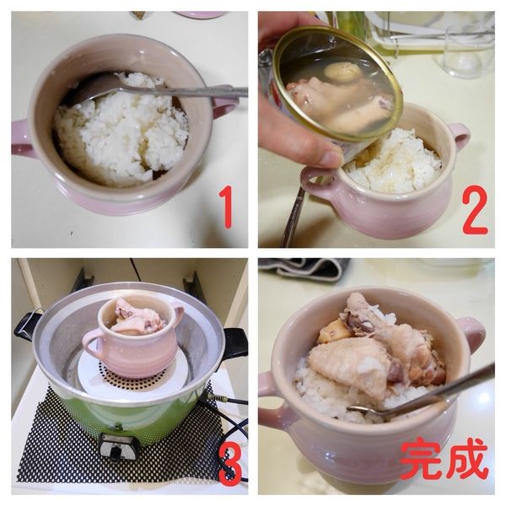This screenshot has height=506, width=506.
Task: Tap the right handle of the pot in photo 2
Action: click(458, 136)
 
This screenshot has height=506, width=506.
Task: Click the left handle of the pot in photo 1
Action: click(23, 138)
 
